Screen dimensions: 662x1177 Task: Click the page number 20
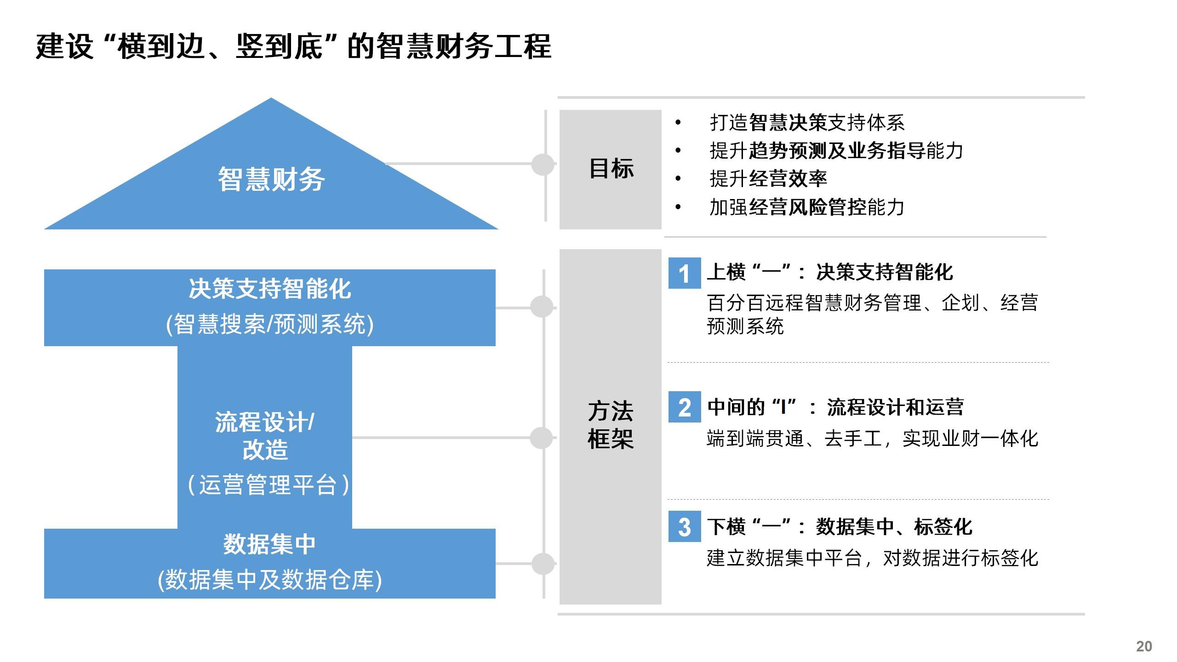1144,646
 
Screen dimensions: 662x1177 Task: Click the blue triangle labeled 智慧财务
271,179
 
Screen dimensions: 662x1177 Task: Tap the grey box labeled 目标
611,169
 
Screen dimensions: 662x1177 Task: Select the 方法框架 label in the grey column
611,425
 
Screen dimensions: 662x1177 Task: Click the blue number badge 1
685,274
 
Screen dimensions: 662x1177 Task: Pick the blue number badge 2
685,407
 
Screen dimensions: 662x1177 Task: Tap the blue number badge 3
685,526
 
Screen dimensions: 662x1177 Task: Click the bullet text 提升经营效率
768,179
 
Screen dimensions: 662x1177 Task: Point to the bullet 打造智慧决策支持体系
807,122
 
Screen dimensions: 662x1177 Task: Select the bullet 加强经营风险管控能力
807,207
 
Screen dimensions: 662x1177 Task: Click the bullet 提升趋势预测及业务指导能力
836,151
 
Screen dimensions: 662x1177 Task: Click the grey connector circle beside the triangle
543,164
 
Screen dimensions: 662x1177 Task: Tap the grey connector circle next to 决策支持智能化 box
542,307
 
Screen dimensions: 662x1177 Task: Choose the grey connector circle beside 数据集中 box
543,564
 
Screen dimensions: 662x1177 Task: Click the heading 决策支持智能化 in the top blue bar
270,289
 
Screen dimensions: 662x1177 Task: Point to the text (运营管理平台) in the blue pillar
269,485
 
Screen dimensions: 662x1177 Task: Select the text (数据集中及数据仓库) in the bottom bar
270,579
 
